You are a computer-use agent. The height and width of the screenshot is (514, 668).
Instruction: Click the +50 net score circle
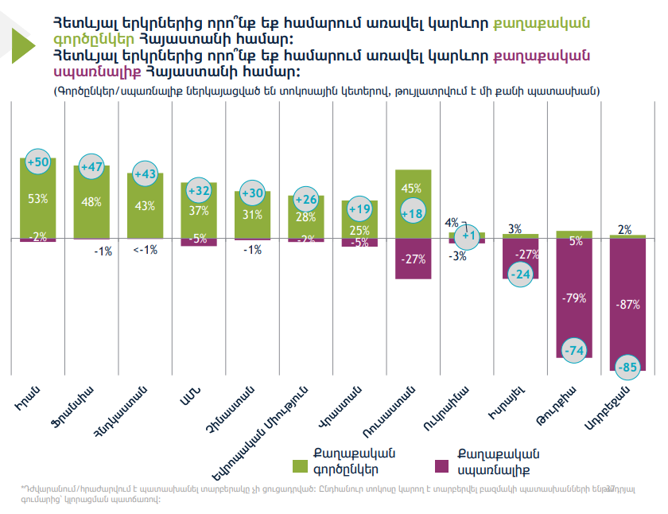pyautogui.click(x=38, y=162)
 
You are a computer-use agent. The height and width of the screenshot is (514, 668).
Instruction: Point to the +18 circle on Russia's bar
pyautogui.click(x=412, y=213)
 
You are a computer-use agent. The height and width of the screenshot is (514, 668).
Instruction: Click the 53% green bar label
pyautogui.click(x=37, y=198)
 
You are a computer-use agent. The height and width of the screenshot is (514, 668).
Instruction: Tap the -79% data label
pyautogui.click(x=574, y=298)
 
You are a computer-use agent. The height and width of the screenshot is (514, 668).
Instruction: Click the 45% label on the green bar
pyautogui.click(x=412, y=189)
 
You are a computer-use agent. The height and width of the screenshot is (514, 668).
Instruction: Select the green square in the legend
pyautogui.click(x=301, y=464)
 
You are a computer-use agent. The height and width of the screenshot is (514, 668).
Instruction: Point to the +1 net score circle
pyautogui.click(x=468, y=236)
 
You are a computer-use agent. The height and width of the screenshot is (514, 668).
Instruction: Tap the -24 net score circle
pyautogui.click(x=520, y=274)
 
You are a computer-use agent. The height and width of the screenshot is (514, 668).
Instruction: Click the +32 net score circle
pyautogui.click(x=198, y=191)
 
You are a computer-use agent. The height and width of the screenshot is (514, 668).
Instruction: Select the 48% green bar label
pyautogui.click(x=91, y=202)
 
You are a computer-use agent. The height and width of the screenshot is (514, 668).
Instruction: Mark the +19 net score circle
pyautogui.click(x=359, y=209)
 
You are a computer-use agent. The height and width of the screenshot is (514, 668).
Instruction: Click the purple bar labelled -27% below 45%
pyautogui.click(x=412, y=259)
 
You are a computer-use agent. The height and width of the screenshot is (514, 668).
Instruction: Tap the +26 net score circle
pyautogui.click(x=306, y=199)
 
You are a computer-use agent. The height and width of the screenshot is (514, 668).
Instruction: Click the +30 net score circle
pyautogui.click(x=251, y=193)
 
